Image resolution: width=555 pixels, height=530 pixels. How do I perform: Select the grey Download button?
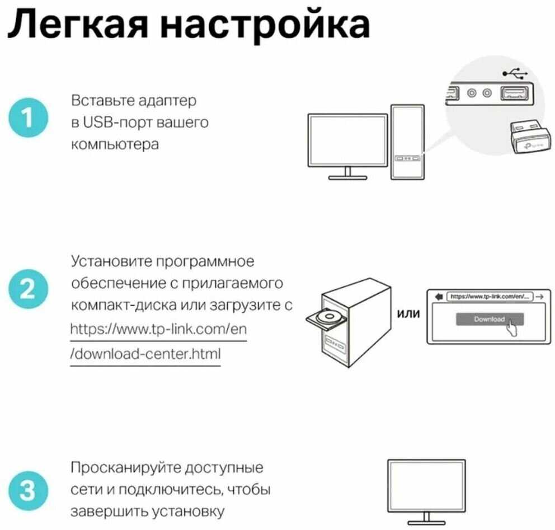[x=489, y=319]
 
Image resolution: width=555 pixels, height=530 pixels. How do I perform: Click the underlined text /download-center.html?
[x=145, y=354]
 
